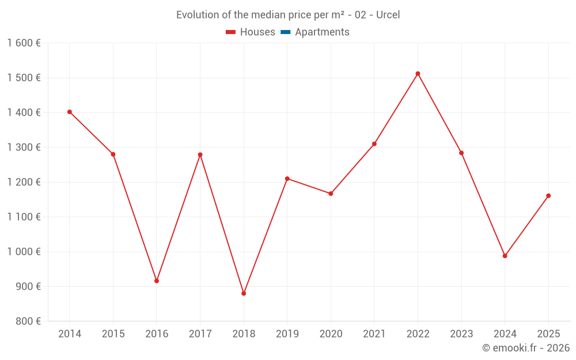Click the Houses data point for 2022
point(418,74)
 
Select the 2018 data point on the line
point(244,293)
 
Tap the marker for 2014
point(70,112)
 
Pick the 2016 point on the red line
point(157,281)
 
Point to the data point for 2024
point(505,256)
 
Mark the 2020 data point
point(331,194)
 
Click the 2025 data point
point(548,196)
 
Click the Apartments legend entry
point(321,32)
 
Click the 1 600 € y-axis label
point(24,43)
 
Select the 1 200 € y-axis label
point(24,182)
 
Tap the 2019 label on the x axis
point(287,334)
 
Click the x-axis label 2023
point(461,334)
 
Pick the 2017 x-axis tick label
point(200,334)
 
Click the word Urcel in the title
point(388,15)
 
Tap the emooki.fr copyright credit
point(525,348)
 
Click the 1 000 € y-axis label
point(24,252)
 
